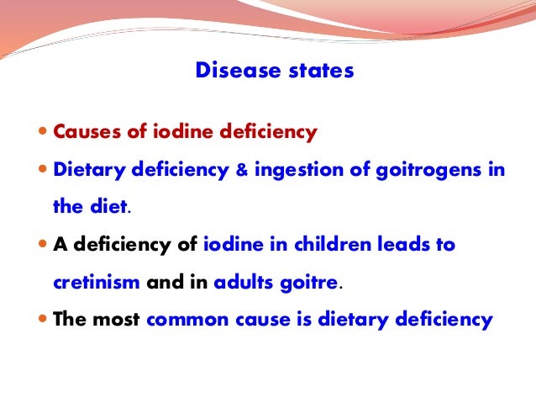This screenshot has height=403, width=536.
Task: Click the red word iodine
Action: coord(171,132)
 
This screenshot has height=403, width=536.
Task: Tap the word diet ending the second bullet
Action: coord(104,208)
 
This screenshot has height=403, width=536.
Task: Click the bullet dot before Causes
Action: coord(45,133)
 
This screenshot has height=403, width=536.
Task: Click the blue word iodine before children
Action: coord(230,246)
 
